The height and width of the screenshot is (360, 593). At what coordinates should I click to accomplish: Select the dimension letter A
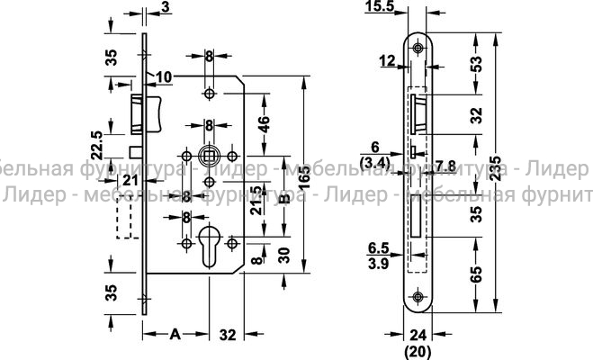click(x=176, y=334)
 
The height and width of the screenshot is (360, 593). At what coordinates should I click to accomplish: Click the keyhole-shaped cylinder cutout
click(x=210, y=245)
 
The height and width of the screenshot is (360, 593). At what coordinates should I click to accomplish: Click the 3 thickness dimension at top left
click(x=166, y=8)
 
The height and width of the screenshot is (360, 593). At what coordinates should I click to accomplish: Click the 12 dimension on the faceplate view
click(x=387, y=61)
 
